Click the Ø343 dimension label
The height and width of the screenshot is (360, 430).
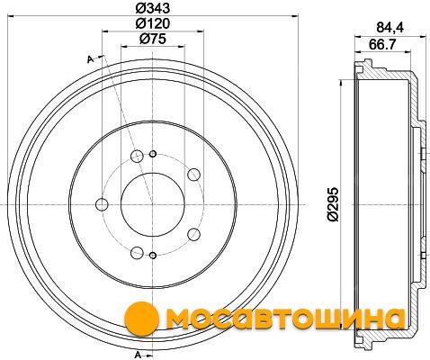click(x=153, y=8)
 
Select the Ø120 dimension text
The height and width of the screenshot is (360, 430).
click(x=153, y=23)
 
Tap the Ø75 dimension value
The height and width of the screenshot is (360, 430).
click(x=153, y=39)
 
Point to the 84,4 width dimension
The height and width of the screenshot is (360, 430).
click(x=390, y=28)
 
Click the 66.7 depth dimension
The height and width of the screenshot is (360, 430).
click(x=382, y=45)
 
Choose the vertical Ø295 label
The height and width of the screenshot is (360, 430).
click(x=333, y=204)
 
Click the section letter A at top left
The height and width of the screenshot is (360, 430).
click(x=90, y=59)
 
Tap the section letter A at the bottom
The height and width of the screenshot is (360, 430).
click(x=138, y=355)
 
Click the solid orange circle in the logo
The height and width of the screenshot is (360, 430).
click(x=141, y=319)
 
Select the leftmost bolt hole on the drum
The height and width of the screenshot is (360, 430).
click(x=102, y=204)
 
